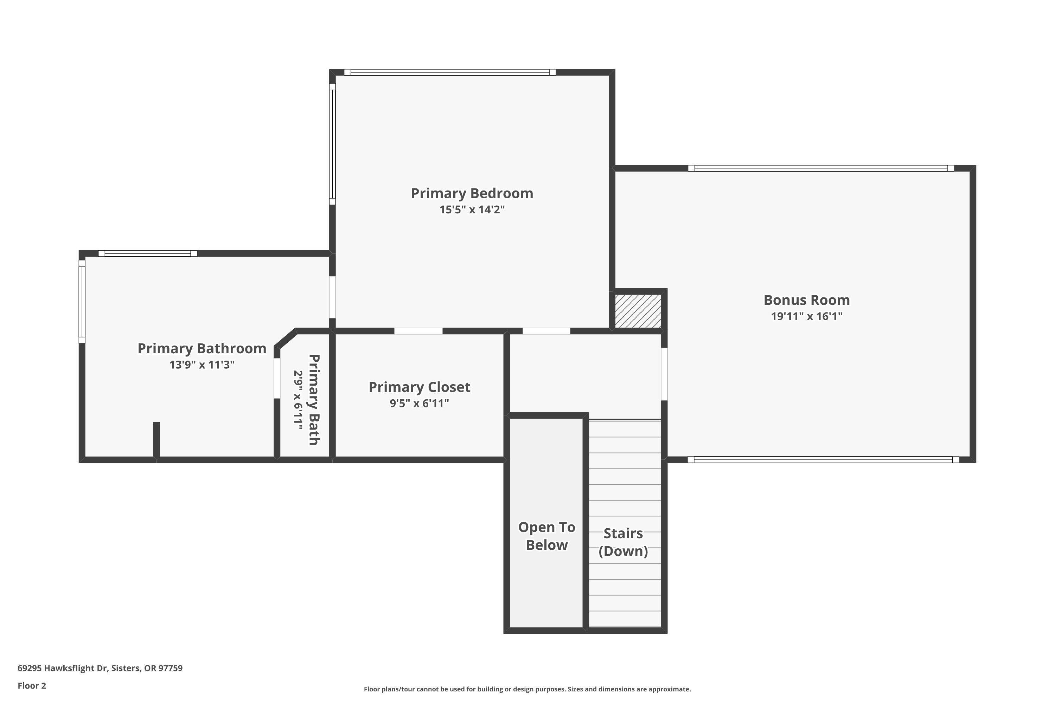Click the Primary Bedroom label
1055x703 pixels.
pyautogui.click(x=472, y=193)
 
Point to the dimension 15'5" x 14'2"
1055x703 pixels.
pyautogui.click(x=472, y=209)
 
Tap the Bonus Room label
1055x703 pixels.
pyautogui.click(x=806, y=300)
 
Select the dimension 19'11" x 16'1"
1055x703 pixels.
pyautogui.click(x=806, y=316)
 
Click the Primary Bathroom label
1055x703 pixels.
pyautogui.click(x=202, y=348)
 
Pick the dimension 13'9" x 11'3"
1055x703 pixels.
pyautogui.click(x=202, y=365)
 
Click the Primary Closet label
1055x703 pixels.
pyautogui.click(x=420, y=387)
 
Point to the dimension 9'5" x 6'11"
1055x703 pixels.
pyautogui.click(x=420, y=403)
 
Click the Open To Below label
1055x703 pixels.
pyautogui.click(x=546, y=536)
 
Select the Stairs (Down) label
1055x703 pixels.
pyautogui.click(x=623, y=542)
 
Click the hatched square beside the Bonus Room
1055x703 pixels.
pyautogui.click(x=637, y=311)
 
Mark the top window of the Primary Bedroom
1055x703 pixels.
pyautogui.click(x=449, y=72)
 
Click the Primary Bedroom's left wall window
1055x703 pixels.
pyautogui.click(x=332, y=144)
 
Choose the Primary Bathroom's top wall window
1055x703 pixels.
pyautogui.click(x=148, y=253)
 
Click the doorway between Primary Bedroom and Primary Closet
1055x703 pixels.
pyautogui.click(x=418, y=331)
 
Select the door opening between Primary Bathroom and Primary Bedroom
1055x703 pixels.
pyautogui.click(x=332, y=297)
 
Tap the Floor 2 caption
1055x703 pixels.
pyautogui.click(x=32, y=685)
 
